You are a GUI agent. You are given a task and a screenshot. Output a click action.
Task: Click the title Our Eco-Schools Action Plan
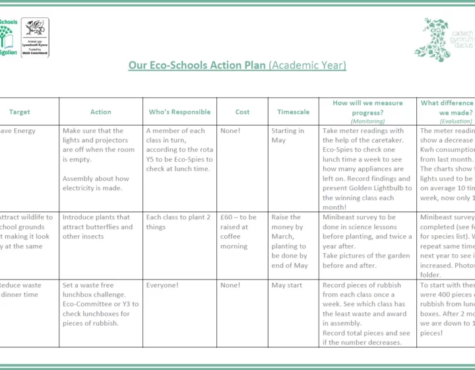[197, 65]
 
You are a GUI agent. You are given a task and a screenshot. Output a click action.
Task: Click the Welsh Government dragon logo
[34, 37]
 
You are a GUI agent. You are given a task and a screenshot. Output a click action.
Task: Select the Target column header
[20, 112]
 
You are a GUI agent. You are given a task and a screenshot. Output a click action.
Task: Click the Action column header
[100, 112]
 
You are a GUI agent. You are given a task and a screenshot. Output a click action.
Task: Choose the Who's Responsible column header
[179, 112]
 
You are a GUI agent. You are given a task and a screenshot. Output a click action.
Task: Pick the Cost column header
[242, 112]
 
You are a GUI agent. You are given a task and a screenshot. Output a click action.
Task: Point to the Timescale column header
[293, 112]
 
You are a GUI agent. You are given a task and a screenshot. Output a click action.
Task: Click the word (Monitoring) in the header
[367, 122]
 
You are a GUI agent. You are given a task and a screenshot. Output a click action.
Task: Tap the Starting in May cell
[288, 135]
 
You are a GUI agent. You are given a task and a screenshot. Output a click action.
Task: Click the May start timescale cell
[288, 285]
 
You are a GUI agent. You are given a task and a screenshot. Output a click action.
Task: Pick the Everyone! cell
[162, 285]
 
